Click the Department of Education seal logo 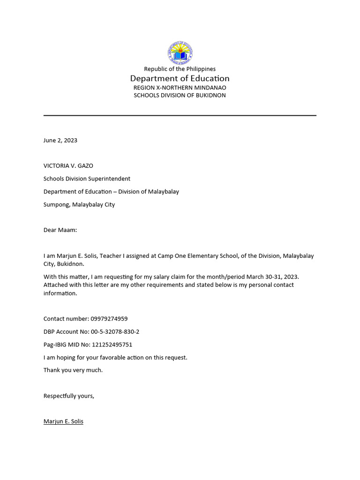pos(180,52)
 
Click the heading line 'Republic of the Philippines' pos(180,69)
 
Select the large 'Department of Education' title pos(180,78)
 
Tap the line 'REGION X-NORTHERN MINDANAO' pos(180,88)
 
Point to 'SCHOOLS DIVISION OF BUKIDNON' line pos(180,95)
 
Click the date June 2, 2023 pos(60,140)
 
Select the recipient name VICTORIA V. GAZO pos(72,165)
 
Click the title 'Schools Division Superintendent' pos(87,179)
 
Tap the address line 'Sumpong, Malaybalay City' pos(79,204)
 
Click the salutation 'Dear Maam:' pos(60,230)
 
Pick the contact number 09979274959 pos(109,319)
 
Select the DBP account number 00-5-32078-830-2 pos(115,331)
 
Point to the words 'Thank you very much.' pos(73,370)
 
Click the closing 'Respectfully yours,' pos(69,396)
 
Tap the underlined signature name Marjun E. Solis pos(63,421)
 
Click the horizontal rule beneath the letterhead pos(180,115)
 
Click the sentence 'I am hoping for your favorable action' pos(115,357)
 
